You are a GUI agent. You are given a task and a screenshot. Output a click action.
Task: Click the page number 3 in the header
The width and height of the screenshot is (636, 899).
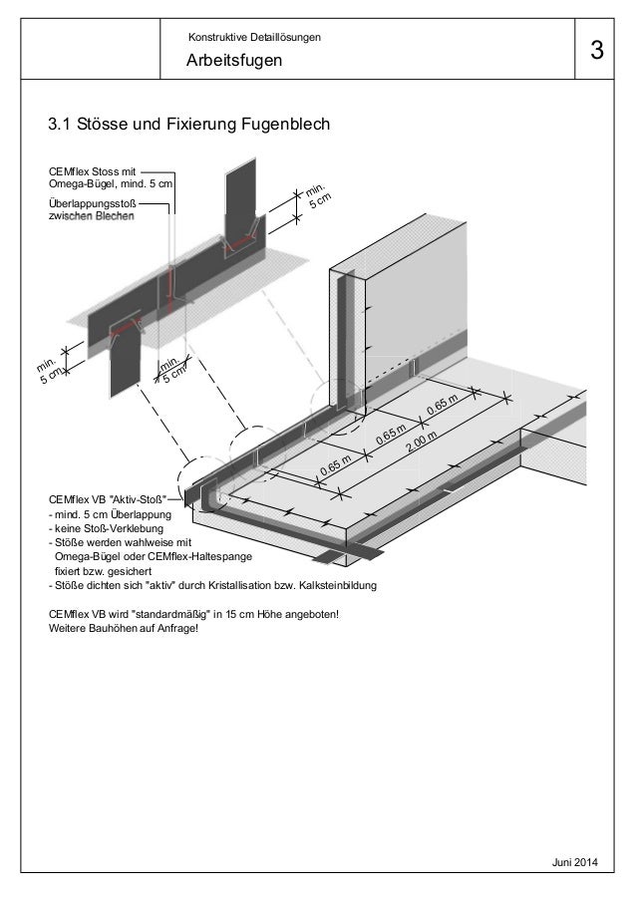point(596,51)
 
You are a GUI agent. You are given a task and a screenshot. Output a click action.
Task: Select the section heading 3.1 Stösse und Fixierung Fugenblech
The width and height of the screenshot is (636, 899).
point(188,127)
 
